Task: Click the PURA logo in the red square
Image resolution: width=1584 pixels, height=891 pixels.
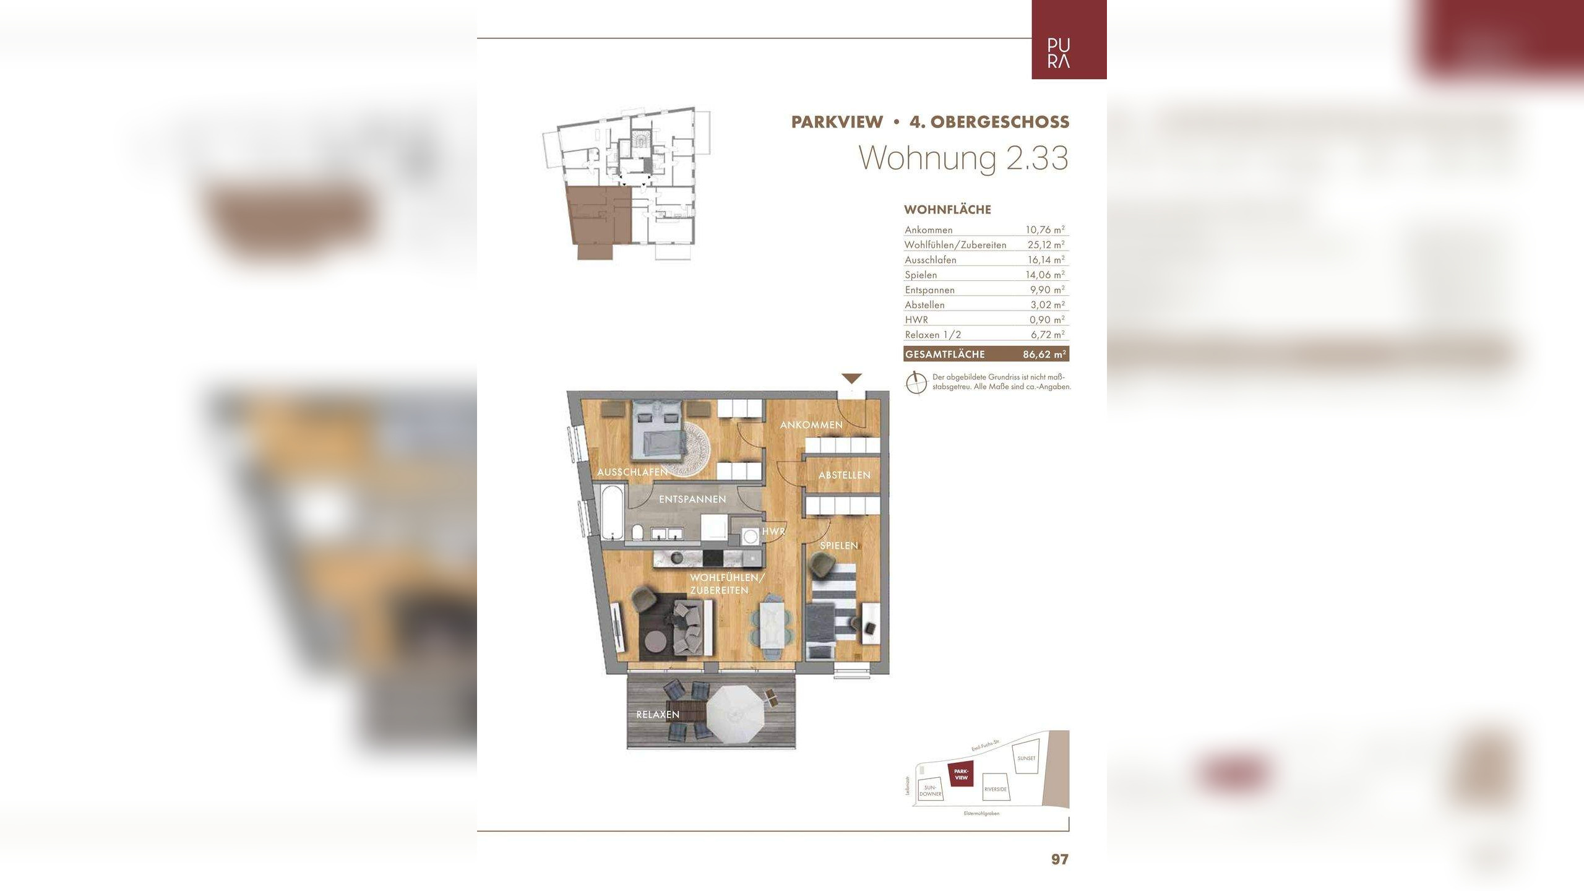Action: tap(1059, 53)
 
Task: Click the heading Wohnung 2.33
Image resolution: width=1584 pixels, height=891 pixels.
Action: tap(963, 158)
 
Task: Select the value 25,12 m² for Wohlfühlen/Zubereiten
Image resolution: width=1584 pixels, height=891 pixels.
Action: tap(1046, 245)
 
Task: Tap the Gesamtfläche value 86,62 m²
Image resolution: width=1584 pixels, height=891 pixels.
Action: tap(1044, 355)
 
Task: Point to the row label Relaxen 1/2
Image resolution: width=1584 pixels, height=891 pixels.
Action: tap(932, 335)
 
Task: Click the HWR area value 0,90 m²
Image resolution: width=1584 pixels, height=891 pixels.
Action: tap(1046, 320)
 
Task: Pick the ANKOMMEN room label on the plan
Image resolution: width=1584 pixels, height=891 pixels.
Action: tap(811, 425)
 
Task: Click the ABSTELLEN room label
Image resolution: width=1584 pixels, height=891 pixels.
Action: tap(844, 475)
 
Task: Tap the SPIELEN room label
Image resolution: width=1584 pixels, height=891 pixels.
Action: tap(838, 546)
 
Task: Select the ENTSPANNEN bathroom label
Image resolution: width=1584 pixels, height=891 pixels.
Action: tap(692, 499)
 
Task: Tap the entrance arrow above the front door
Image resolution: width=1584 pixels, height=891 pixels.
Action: tap(851, 379)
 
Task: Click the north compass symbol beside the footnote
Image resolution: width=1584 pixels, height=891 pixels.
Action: tap(916, 383)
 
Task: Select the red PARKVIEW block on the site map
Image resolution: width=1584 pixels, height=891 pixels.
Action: tap(960, 774)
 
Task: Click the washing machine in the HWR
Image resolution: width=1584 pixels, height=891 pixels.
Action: tap(749, 536)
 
